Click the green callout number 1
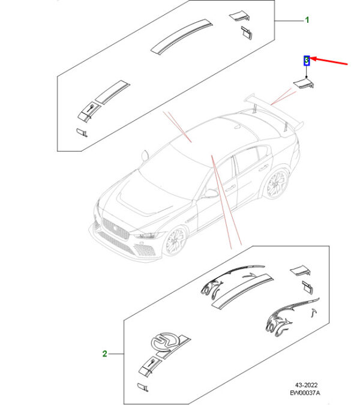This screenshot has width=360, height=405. coord(307,20)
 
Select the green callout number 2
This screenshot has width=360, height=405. coord(104,353)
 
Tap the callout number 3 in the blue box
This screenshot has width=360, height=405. coord(307,61)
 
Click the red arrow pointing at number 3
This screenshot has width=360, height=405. coord(329,61)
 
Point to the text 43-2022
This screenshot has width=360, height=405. coord(306,385)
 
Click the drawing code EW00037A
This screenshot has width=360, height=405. coord(305,393)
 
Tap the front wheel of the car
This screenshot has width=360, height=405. coord(176,241)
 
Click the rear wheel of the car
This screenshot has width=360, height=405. coord(276,184)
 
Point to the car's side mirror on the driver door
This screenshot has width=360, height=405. coord(211,193)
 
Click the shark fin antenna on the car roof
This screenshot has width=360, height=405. coord(237,127)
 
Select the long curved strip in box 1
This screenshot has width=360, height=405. coord(182,37)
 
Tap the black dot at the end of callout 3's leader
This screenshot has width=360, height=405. coord(307,77)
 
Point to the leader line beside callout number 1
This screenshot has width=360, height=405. coord(289,20)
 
